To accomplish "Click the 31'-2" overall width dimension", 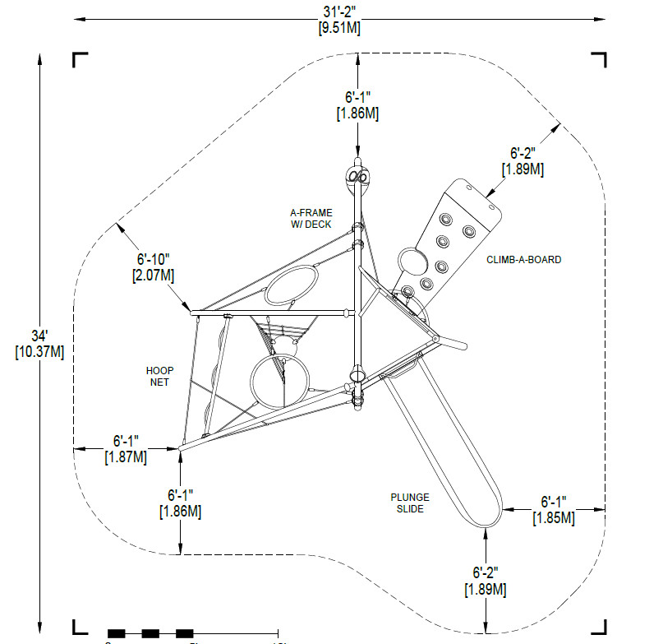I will (x=338, y=11).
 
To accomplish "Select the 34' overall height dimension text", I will (x=39, y=336).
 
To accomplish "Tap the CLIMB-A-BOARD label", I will (x=523, y=260).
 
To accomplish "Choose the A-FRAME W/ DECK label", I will (x=310, y=218).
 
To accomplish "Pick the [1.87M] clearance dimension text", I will (x=126, y=456).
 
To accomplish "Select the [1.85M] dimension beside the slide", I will (x=553, y=517).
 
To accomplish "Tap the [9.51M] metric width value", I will (x=338, y=27).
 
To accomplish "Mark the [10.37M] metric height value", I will (x=39, y=351).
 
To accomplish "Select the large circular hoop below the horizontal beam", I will (x=280, y=383).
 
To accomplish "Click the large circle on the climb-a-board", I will (x=412, y=262).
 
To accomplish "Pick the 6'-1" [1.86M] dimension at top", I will (x=357, y=104).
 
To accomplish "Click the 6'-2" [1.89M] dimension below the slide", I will (x=486, y=581).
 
